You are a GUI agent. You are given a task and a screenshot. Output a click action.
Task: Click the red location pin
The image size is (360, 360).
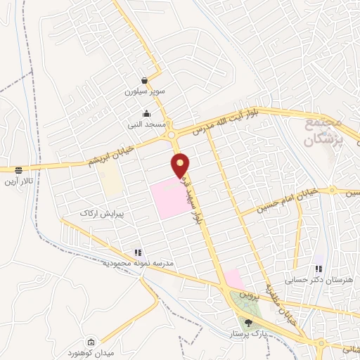point(181,165)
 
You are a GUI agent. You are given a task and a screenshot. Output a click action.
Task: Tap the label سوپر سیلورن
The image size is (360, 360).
point(144,92)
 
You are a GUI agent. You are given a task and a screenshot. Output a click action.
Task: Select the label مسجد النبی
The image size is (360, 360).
point(147,124)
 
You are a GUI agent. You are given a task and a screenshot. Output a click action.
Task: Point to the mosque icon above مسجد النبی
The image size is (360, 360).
point(146,113)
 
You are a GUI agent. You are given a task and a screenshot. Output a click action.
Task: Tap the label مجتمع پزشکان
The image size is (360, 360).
point(324,131)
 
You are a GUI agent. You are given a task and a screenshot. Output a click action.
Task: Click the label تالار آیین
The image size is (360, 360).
point(18,182)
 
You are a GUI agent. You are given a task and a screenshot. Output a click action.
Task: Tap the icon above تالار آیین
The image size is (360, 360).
point(18,169)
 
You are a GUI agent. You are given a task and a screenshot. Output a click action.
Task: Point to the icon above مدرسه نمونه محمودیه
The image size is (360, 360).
point(137,252)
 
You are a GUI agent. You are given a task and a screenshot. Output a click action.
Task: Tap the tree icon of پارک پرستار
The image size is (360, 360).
point(247,323)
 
